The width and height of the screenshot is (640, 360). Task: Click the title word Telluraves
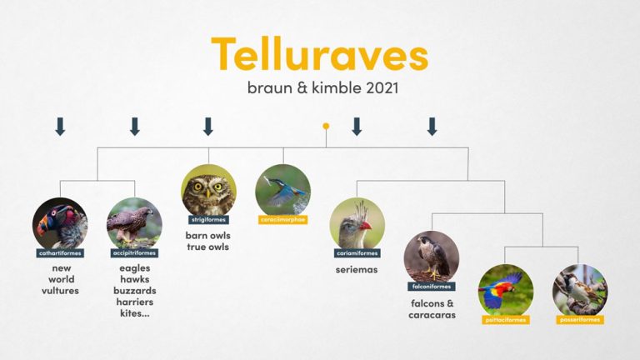pos(319,55)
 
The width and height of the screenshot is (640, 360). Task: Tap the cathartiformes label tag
pos(60,252)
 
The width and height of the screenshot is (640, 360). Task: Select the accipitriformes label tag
pos(134,252)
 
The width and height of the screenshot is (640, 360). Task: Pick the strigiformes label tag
pos(207,219)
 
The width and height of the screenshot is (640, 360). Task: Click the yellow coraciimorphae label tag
pos(282,219)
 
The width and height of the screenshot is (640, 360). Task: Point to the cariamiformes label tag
pos(357,252)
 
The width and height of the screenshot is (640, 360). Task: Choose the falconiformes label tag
pos(431,286)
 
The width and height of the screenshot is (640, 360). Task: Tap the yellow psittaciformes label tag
pos(505,319)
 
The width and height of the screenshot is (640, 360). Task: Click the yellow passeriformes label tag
pos(579,319)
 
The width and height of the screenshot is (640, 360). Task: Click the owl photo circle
pos(208,191)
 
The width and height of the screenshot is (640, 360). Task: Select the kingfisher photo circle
pos(282,191)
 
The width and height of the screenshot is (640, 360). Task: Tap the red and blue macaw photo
pos(505,291)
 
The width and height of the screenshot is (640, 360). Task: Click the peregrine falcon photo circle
pos(431,257)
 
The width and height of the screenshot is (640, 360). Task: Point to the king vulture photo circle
pos(60,223)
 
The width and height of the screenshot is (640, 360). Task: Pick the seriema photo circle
pos(357,223)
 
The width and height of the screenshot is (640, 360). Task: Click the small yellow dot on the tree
pos(326,126)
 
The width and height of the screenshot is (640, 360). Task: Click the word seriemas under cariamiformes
pos(357,269)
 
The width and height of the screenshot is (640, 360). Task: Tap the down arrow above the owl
pos(208,127)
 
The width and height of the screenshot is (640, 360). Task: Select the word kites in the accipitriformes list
pos(132,314)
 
